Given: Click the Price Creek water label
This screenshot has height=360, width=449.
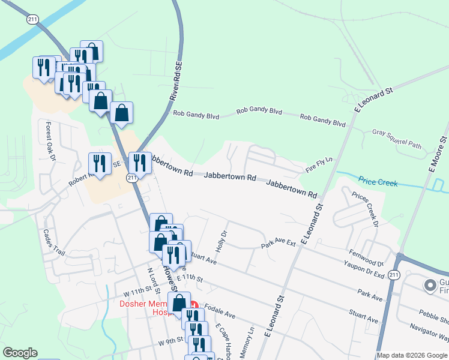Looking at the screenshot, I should (x=378, y=182).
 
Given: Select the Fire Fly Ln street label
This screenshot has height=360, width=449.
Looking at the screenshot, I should (x=319, y=166).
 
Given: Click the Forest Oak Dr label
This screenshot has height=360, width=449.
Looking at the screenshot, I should (x=50, y=142).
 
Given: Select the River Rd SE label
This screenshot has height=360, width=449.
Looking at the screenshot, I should (x=176, y=83).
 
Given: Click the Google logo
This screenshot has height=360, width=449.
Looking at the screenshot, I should (x=20, y=353).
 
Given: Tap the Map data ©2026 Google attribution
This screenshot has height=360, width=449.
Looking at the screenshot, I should (x=412, y=355).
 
